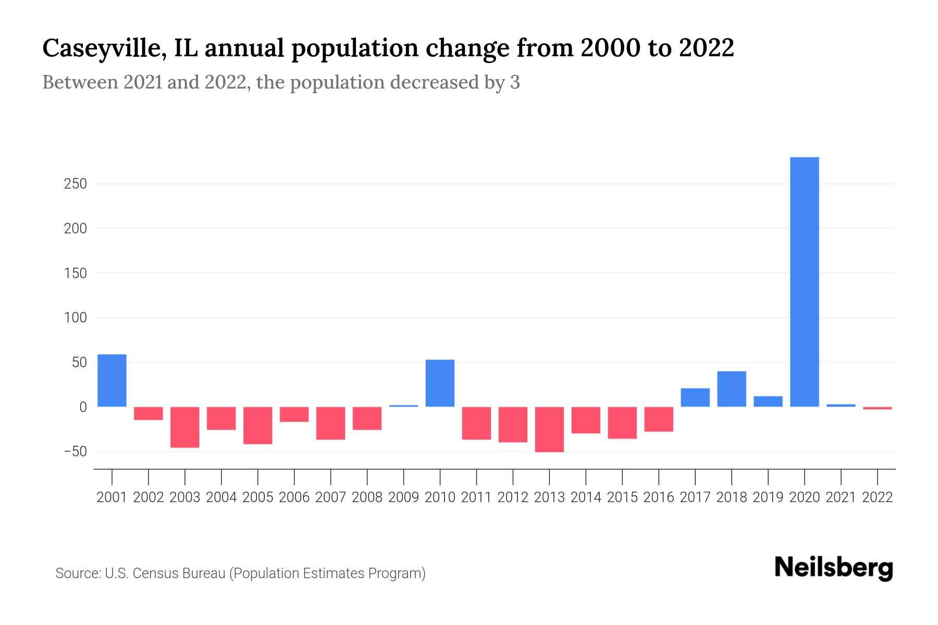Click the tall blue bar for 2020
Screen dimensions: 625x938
[x=804, y=281]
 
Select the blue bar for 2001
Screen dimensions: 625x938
[x=112, y=380]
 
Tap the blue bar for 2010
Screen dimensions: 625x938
[x=440, y=383]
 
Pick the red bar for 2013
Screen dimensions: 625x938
[x=549, y=429]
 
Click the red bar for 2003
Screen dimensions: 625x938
[x=185, y=427]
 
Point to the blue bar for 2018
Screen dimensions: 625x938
[x=731, y=389]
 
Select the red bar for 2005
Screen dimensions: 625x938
[x=257, y=425]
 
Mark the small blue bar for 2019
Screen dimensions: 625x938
[x=768, y=402]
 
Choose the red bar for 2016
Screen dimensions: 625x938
[x=659, y=419]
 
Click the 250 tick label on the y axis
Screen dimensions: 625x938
[x=76, y=184]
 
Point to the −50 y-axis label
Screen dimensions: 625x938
[x=75, y=452]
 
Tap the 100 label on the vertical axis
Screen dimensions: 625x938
[x=76, y=318]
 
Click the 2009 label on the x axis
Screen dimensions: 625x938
[x=403, y=497]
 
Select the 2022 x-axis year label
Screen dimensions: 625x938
[x=878, y=497]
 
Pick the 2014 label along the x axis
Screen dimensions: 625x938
[x=586, y=497]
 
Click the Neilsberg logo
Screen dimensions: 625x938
[x=834, y=568]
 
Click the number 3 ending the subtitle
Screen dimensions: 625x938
[x=515, y=83]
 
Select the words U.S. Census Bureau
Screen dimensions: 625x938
[x=165, y=573]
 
